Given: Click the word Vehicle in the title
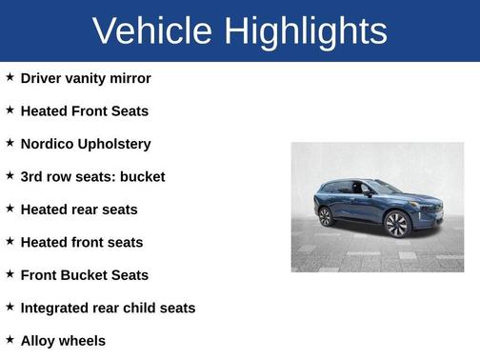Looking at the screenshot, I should pyautogui.click(x=151, y=31).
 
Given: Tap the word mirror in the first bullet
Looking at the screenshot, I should pyautogui.click(x=130, y=78).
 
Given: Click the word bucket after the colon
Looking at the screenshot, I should pyautogui.click(x=141, y=176).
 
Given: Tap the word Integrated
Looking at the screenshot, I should pyautogui.click(x=56, y=308).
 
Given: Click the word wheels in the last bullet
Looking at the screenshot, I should pyautogui.click(x=84, y=340).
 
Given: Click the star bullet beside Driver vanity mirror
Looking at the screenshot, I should pyautogui.click(x=10, y=77).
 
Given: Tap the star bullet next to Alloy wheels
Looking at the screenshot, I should pyautogui.click(x=10, y=339).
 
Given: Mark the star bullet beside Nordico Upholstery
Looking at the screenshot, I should pyautogui.click(x=10, y=143).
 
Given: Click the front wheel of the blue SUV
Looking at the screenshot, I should pyautogui.click(x=396, y=225).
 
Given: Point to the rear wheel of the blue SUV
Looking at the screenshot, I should pyautogui.click(x=326, y=216).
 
